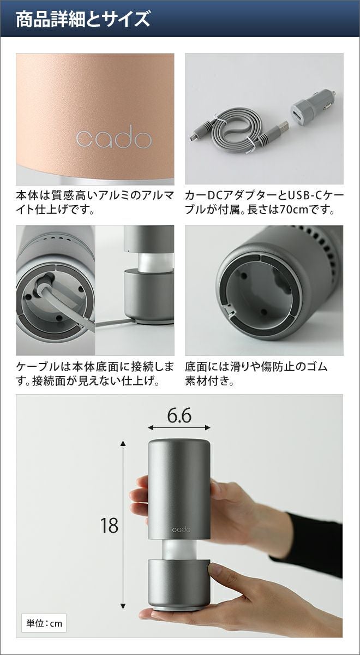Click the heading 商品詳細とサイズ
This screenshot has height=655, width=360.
[83, 19]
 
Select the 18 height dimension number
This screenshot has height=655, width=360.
[109, 525]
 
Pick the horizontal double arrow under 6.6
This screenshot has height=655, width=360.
[179, 428]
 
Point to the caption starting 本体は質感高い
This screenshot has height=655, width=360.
[95, 203]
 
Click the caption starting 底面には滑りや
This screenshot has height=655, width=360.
[256, 374]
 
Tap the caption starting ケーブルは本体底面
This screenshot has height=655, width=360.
[95, 374]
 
